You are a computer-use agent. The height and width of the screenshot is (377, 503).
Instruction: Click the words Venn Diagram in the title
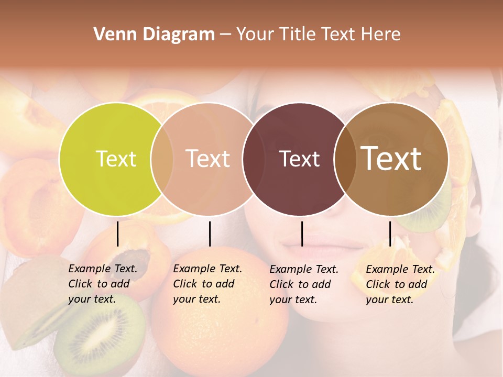pos(154,35)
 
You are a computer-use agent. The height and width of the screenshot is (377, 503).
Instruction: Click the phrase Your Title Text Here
pos(318,35)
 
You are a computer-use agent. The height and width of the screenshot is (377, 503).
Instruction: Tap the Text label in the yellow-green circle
pos(116,159)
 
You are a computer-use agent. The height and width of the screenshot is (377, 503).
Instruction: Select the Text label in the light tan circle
pos(207,159)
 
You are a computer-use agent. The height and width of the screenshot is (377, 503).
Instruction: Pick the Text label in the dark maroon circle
pos(299,159)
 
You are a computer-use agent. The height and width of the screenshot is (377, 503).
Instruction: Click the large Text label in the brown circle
pos(391,159)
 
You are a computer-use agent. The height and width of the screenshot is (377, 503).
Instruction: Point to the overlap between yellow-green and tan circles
pos(162,159)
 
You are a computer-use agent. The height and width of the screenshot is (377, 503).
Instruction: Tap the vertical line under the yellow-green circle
pos(118,234)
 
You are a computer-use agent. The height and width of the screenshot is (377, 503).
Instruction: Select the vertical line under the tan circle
pos(210,234)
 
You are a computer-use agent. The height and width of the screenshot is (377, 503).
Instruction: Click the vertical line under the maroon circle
pos(302,234)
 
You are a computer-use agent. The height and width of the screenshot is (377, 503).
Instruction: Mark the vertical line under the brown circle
pos(390,234)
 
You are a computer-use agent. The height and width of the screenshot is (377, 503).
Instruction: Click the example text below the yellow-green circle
pos(103,284)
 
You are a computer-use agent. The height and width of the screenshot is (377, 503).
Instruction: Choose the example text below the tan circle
pos(207,284)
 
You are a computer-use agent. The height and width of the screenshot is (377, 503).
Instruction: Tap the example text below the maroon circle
pos(304,284)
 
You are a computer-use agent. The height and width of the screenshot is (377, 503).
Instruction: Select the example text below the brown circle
pos(400,284)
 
